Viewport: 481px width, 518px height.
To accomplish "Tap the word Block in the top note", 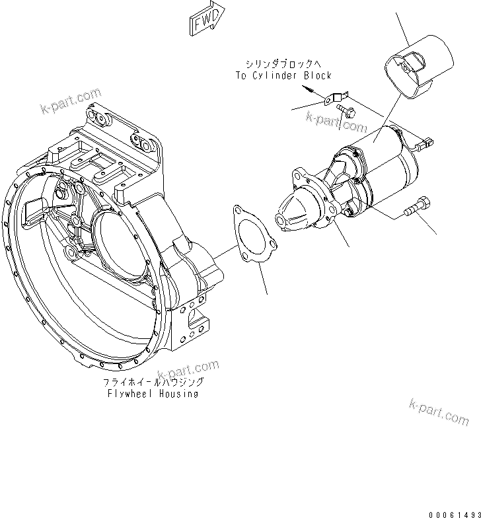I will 318,76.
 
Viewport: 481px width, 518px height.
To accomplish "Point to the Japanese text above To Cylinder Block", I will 283,65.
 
